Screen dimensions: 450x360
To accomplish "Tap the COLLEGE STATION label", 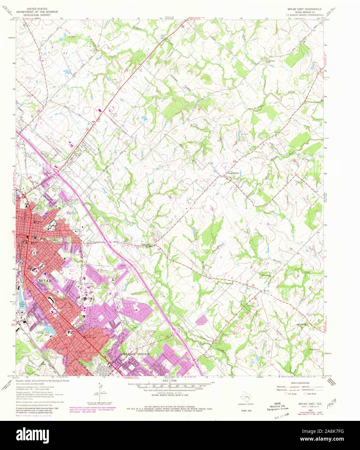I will point(136,354).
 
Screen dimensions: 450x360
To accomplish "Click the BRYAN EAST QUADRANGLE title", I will point(302,9).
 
